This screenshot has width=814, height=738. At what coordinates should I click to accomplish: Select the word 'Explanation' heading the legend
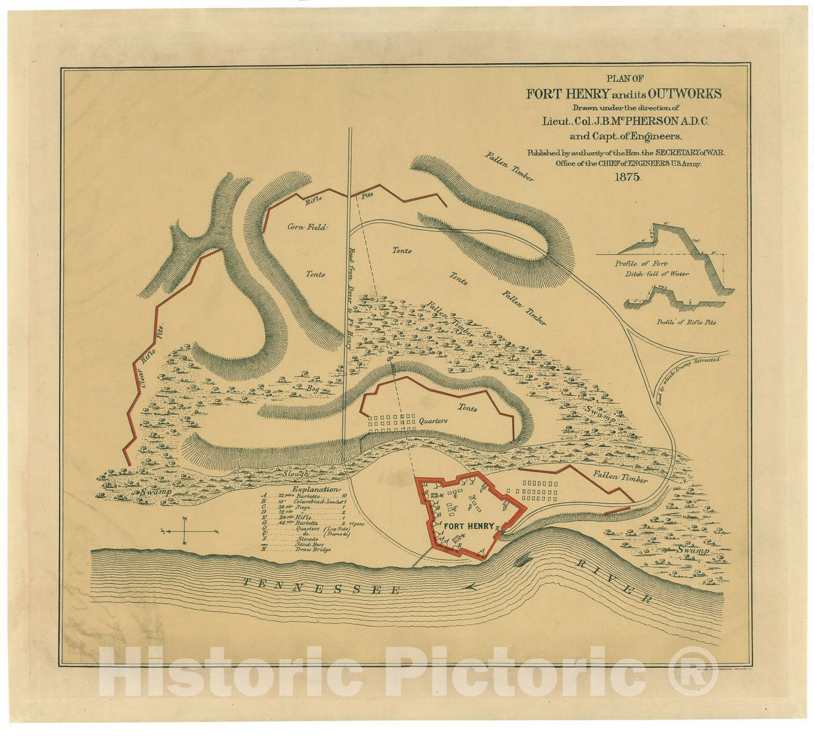tap(315, 489)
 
